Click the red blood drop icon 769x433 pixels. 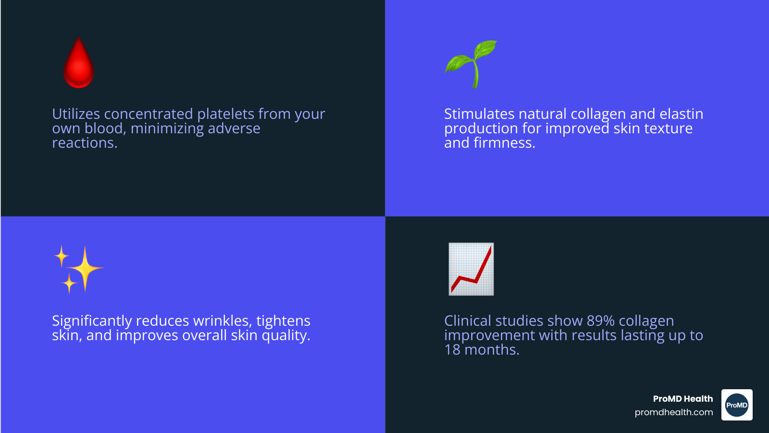pyautogui.click(x=79, y=64)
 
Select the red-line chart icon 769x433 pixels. pyautogui.click(x=471, y=269)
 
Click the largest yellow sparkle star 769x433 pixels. pyautogui.click(x=85, y=268)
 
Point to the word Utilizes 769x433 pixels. pyautogui.click(x=76, y=114)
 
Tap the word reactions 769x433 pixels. pyautogui.click(x=85, y=143)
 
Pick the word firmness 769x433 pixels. pyautogui.click(x=504, y=142)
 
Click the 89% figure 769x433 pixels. pyautogui.click(x=600, y=321)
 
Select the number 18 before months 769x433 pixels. pyautogui.click(x=452, y=350)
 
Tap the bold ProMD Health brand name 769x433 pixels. pyautogui.click(x=683, y=399)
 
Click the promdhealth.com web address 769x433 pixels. pyautogui.click(x=673, y=412)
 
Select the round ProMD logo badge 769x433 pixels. pyautogui.click(x=737, y=405)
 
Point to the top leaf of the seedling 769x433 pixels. pyautogui.click(x=485, y=49)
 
